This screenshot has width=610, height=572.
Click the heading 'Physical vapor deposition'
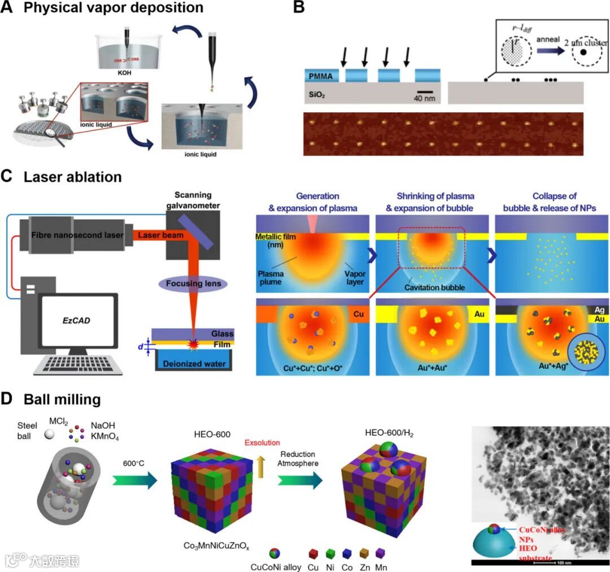point(114,8)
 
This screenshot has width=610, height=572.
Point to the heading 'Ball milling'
point(62,400)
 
